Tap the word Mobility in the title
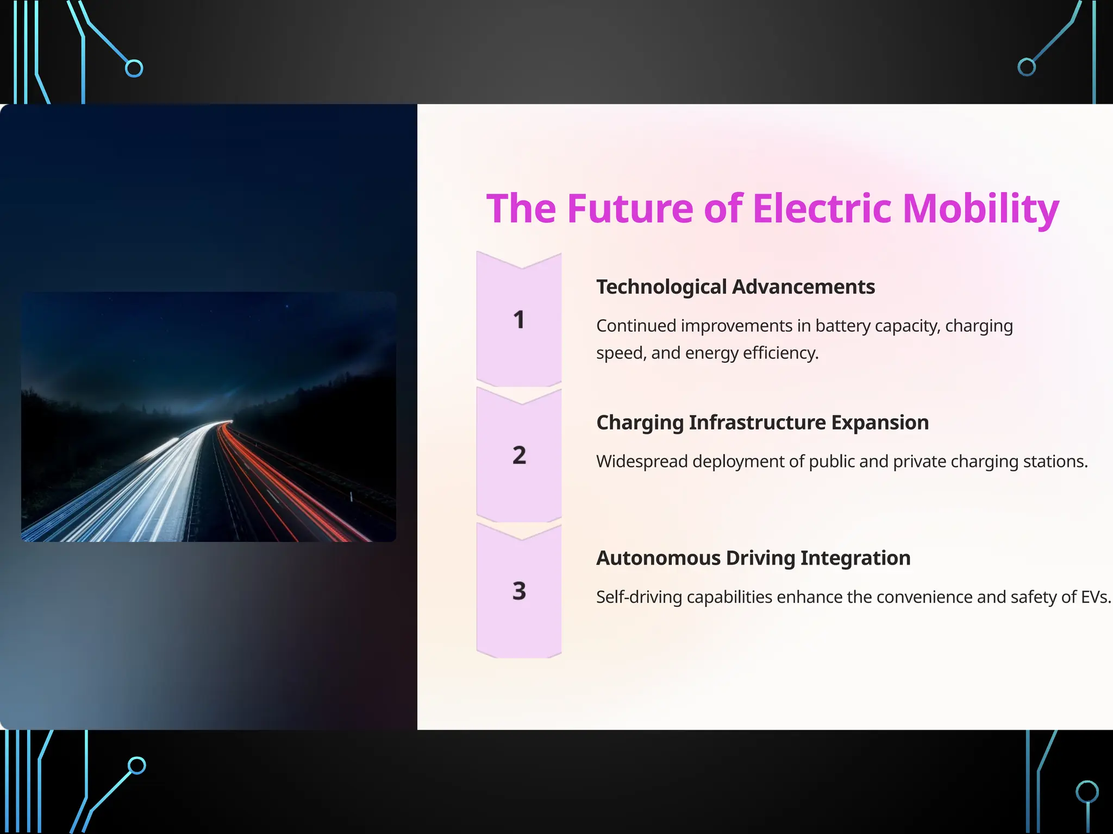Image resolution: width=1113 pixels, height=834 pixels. tap(980, 210)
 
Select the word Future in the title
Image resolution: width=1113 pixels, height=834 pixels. tap(630, 208)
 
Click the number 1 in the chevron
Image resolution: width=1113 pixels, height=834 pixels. tap(519, 320)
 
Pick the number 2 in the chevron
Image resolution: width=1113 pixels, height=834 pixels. tap(519, 455)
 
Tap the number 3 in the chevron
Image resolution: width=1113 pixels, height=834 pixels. tap(519, 591)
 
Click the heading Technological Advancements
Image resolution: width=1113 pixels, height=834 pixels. tap(735, 287)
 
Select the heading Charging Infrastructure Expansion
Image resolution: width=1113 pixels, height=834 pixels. tap(762, 422)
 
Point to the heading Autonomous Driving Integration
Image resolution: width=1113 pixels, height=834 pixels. tap(753, 558)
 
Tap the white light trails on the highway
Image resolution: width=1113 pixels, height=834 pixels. tap(163, 478)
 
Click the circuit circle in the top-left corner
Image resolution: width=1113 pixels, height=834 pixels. tap(134, 68)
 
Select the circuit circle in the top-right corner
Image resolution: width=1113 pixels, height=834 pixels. tap(1026, 67)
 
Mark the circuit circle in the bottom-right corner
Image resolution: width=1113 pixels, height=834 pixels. tap(1087, 792)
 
